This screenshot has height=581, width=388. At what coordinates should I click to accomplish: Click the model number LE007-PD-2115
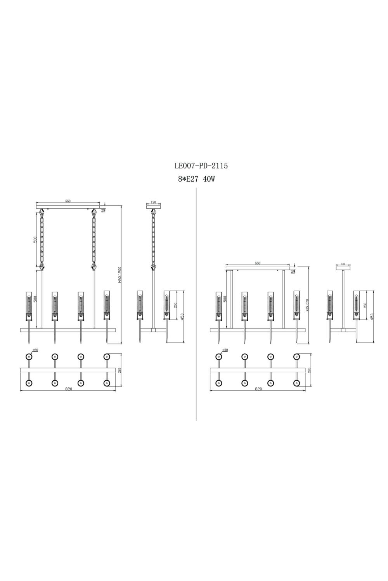coord(201,166)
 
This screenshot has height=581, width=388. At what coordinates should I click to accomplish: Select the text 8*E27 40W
coord(196,179)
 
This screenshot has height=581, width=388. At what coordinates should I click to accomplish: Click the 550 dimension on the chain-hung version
coord(68,201)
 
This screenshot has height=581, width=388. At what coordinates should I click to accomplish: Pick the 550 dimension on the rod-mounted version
coord(258,263)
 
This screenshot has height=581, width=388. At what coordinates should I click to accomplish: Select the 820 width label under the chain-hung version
coord(69,388)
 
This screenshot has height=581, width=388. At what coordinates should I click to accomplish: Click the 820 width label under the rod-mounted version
coord(258,388)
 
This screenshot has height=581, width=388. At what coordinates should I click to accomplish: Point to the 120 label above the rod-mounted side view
coord(343,264)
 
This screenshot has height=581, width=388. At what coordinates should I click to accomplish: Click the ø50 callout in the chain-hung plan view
coord(35,350)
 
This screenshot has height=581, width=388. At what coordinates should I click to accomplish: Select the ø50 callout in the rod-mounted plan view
coord(225,350)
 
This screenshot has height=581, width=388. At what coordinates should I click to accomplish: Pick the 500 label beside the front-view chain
coord(35,239)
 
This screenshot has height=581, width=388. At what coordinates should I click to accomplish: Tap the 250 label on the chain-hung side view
coord(175,305)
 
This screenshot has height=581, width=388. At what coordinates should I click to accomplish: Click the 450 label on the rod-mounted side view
coord(372,316)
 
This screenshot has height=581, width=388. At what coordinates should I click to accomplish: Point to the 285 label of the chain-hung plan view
coord(120,370)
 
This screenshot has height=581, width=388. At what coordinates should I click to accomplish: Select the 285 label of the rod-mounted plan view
coord(309,370)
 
